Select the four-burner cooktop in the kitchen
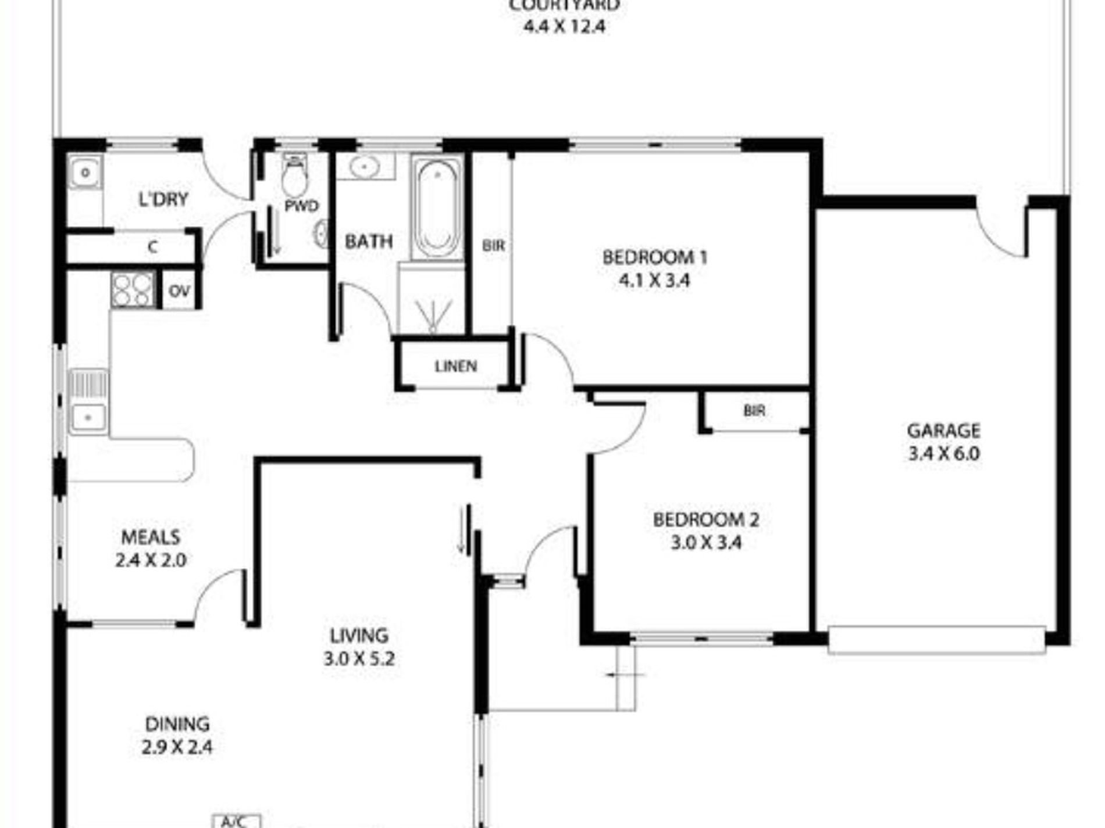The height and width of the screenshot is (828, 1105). coord(133,289)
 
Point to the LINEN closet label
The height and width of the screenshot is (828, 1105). coord(456,367)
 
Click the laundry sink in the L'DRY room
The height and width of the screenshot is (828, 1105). coord(85,173)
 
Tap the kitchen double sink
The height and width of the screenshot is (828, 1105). coord(88,401)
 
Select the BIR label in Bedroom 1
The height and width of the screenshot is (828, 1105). coord(493,246)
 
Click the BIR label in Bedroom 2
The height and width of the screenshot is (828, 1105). coord(754,411)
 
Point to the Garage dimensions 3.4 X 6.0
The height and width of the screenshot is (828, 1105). coord(944,453)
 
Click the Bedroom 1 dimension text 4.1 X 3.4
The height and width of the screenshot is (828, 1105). coord(654,281)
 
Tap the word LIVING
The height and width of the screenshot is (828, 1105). coord(359,636)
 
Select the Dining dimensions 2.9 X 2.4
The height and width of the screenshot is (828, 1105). coord(177,747)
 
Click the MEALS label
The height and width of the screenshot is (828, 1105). coord(151,537)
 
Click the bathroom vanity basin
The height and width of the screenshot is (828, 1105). coord(365,167)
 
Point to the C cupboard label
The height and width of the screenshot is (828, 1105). coord(152,248)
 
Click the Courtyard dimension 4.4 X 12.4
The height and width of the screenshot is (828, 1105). coord(565,27)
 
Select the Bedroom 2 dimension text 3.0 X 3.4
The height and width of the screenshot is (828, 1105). coord(706,543)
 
